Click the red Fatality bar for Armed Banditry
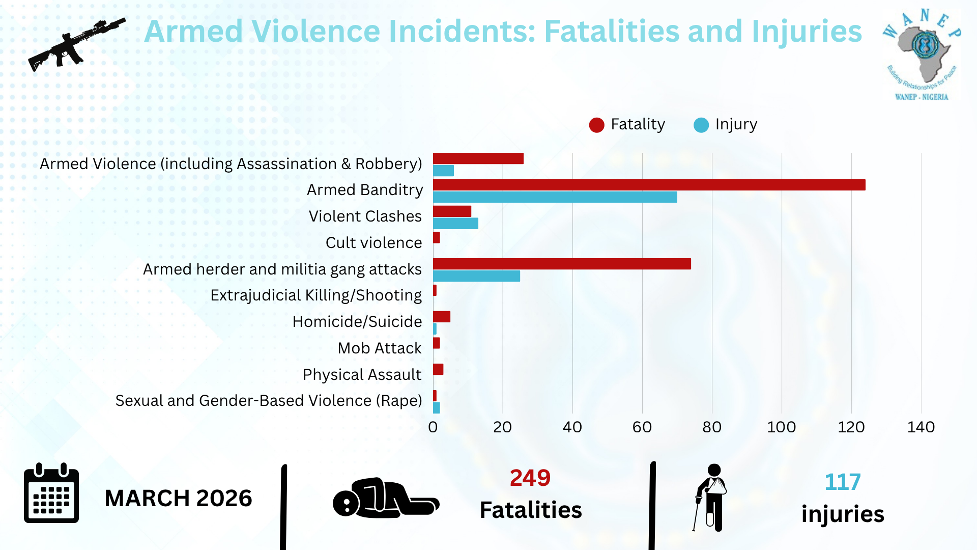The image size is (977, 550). (x=649, y=185)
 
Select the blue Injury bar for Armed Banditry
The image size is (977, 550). (x=555, y=197)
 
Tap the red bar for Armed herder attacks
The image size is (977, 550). (x=562, y=264)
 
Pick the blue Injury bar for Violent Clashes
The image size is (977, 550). (x=455, y=224)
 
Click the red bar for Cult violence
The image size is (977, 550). (x=437, y=238)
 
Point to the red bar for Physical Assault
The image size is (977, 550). (x=438, y=369)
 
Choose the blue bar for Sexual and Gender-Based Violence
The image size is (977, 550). (x=437, y=408)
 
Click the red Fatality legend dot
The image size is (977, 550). (x=596, y=125)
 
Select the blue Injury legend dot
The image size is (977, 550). (x=701, y=125)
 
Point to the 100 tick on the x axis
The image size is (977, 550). (x=781, y=427)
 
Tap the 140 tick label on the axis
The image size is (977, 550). (x=921, y=427)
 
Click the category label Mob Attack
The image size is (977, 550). (x=380, y=348)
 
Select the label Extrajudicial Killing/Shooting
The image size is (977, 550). (x=316, y=295)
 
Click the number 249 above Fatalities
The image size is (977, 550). (x=530, y=478)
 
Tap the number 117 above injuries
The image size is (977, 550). (x=843, y=482)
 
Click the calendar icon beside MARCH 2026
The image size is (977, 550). (x=51, y=493)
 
